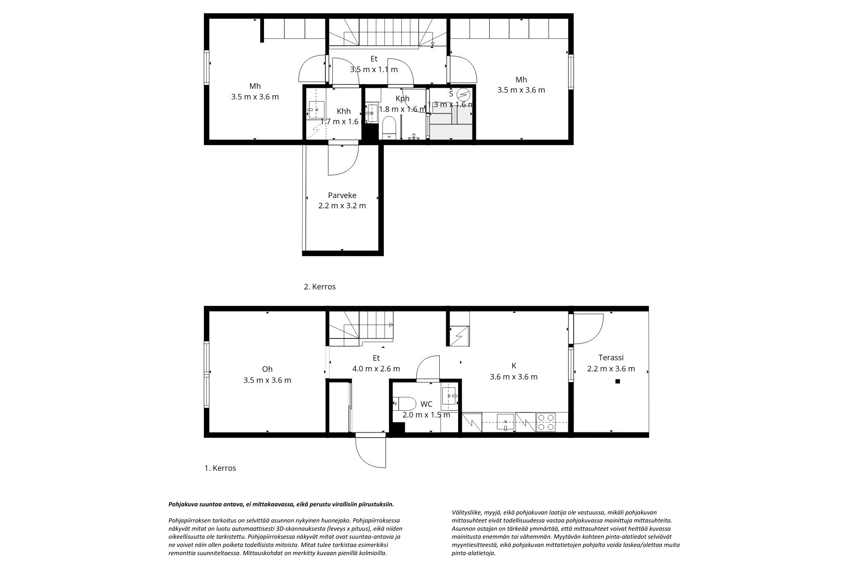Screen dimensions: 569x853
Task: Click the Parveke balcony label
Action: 342,196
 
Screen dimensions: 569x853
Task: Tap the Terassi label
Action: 611,358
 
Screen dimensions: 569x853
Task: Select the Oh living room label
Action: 267,369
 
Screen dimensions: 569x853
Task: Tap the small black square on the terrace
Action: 617,382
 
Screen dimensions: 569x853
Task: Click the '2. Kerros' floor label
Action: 319,287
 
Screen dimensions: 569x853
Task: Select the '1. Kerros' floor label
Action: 220,468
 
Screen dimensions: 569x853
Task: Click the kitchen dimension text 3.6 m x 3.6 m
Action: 514,377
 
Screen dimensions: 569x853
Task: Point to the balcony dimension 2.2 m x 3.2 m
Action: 342,206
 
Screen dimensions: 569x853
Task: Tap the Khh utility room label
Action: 343,111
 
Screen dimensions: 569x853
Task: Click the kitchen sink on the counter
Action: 506,423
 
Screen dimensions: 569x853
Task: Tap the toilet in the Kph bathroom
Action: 389,127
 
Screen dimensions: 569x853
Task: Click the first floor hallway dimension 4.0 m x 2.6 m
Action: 376,368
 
